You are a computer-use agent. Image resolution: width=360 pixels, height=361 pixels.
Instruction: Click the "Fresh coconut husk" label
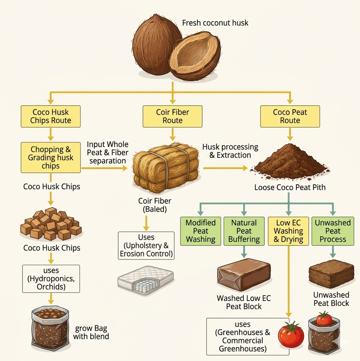[215, 23]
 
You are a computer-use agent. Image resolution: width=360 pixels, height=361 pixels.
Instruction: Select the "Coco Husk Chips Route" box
[51, 116]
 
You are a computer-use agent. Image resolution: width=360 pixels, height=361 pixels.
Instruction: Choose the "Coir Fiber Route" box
[172, 116]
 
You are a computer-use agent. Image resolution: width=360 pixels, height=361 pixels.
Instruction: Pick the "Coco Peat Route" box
[290, 116]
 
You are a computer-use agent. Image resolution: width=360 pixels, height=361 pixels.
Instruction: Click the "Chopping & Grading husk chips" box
[51, 157]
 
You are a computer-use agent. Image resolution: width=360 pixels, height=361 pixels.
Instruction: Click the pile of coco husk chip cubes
[51, 224]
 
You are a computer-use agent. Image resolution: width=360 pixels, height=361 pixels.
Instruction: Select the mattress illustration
[146, 280]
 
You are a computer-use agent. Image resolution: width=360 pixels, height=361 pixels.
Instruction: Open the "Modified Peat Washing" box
[200, 231]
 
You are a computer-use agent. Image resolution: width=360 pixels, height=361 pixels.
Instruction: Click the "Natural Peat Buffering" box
[244, 231]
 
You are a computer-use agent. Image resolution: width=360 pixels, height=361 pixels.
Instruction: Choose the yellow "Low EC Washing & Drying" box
[288, 231]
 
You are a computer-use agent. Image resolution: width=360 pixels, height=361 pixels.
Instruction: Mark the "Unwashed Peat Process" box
[333, 231]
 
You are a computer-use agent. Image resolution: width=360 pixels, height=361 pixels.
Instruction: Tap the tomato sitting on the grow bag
[324, 319]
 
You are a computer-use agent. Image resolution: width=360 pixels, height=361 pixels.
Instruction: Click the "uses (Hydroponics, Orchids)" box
[51, 279]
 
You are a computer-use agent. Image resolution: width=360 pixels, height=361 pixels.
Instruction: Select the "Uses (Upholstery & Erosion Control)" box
[146, 245]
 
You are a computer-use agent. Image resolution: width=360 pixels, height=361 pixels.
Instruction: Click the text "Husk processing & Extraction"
[230, 151]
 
